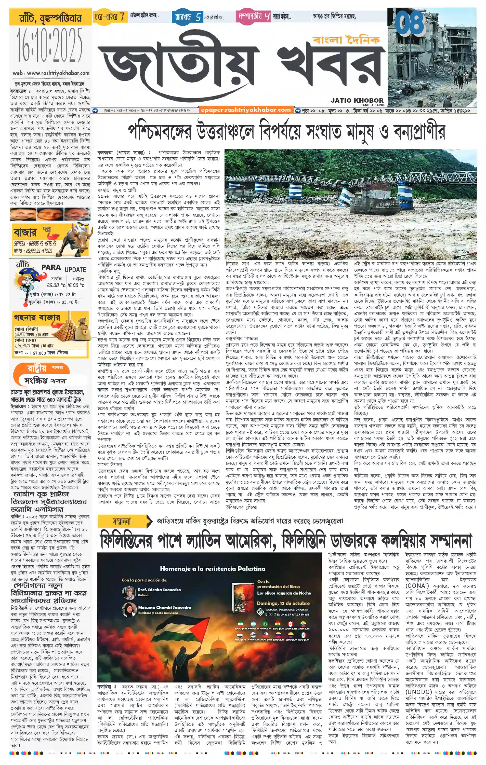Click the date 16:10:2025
(x=50, y=45)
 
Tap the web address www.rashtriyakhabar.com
(x=51, y=73)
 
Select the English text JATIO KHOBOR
(x=357, y=100)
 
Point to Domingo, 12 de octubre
(x=283, y=603)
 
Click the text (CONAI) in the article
(x=416, y=585)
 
